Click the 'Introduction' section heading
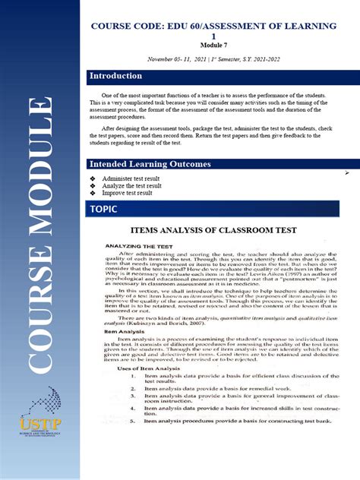[115, 76]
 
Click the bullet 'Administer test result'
[131, 178]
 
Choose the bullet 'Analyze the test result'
[131, 185]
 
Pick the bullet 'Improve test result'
[126, 193]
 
